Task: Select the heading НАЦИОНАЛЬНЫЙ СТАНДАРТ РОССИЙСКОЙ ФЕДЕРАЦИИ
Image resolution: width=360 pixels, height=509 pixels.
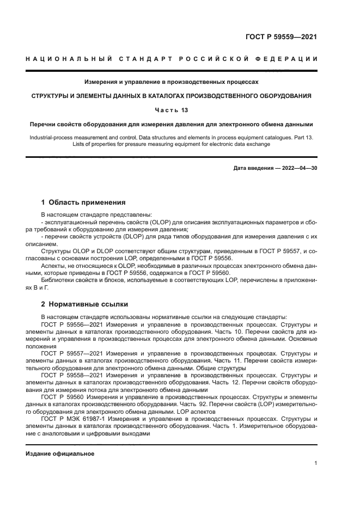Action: pos(172,58)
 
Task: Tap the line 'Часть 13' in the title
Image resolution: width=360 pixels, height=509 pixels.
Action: pos(171,109)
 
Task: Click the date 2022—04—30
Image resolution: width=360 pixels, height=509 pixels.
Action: pos(297,168)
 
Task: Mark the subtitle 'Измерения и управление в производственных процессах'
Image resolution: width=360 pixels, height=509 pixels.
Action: pos(171,82)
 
